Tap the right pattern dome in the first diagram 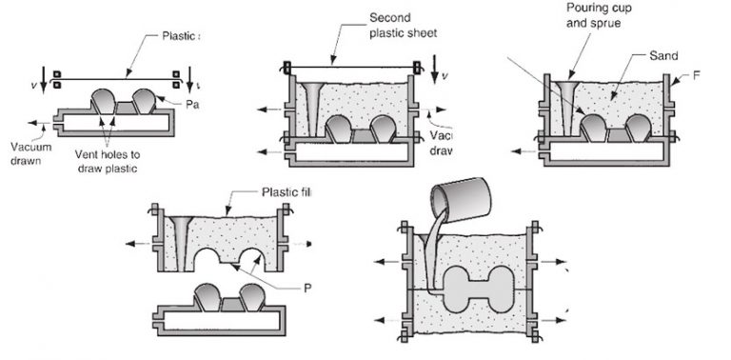click(147, 98)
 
